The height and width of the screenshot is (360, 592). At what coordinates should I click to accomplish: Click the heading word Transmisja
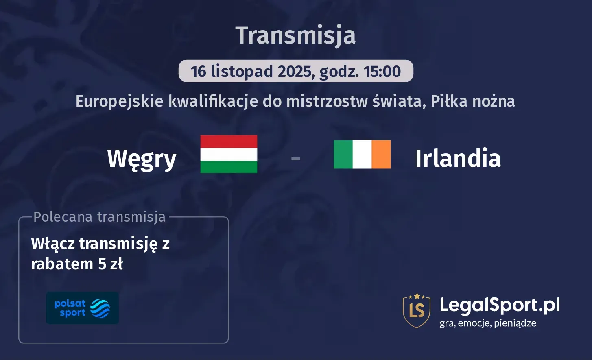point(295,35)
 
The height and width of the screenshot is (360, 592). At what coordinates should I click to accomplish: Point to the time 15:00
point(382,72)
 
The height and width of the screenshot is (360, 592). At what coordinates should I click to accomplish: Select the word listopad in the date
point(242,72)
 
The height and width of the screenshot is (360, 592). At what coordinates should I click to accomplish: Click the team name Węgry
point(142,158)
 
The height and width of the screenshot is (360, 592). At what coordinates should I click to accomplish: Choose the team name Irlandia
point(458,158)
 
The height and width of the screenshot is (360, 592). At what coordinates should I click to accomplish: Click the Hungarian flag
point(229,154)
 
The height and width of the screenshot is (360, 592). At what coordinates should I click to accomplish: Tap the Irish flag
point(362,154)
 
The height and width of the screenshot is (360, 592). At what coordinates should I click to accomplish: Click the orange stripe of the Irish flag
point(381,154)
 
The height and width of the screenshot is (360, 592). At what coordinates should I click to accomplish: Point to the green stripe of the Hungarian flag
point(229,167)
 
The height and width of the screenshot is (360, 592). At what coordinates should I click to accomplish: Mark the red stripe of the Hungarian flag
point(229,141)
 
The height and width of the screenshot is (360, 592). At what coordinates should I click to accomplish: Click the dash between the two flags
point(296,158)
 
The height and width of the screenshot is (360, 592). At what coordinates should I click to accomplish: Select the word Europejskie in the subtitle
point(120,101)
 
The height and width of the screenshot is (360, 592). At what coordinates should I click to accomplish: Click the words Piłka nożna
point(473,101)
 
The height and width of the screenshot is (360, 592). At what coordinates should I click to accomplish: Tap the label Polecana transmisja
point(100,217)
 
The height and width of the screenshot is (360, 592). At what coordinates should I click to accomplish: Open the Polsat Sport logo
point(82,308)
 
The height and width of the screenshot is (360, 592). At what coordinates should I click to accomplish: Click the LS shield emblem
point(416,310)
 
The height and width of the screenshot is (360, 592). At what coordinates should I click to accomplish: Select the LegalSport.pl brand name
point(500,305)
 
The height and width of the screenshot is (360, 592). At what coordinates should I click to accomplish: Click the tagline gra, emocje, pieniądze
point(488,323)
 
